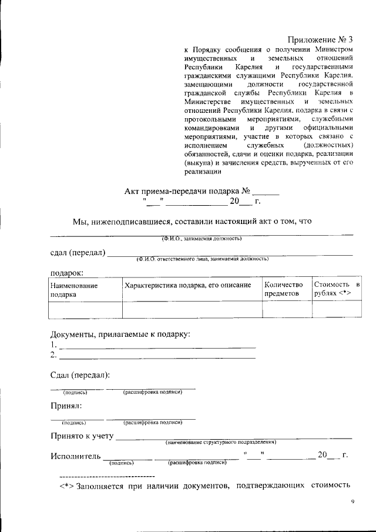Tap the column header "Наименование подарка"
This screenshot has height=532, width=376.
click(x=73, y=289)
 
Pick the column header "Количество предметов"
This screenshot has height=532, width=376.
click(x=283, y=289)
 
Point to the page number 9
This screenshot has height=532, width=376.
click(x=352, y=501)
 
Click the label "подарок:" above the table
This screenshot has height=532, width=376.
click(x=66, y=272)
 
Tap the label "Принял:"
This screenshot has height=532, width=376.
click(x=66, y=406)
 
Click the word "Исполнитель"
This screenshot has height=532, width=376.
click(x=75, y=456)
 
